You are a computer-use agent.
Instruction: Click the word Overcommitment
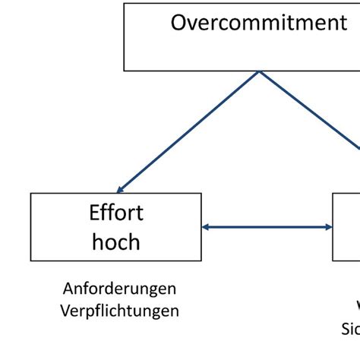pyautogui.click(x=258, y=23)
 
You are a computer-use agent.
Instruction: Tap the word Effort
pyautogui.click(x=116, y=213)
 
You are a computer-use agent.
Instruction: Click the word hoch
pyautogui.click(x=116, y=242)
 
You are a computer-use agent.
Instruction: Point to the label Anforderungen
pyautogui.click(x=120, y=289)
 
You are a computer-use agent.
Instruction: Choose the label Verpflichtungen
pyautogui.click(x=120, y=311)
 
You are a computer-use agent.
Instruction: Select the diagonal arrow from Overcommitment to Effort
pyautogui.click(x=190, y=131)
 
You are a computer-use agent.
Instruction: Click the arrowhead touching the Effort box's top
pyautogui.click(x=121, y=189)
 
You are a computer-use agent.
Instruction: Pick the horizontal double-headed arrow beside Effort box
pyautogui.click(x=267, y=226)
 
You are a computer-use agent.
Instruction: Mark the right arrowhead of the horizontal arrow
pyautogui.click(x=328, y=226)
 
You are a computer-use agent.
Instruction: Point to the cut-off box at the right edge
pyautogui.click(x=347, y=226)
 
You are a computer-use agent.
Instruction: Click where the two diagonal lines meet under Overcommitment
pyautogui.click(x=259, y=72)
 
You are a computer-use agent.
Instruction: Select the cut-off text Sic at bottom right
pyautogui.click(x=350, y=330)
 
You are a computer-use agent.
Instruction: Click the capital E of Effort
pyautogui.click(x=94, y=213)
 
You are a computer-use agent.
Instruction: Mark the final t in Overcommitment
pyautogui.click(x=343, y=23)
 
